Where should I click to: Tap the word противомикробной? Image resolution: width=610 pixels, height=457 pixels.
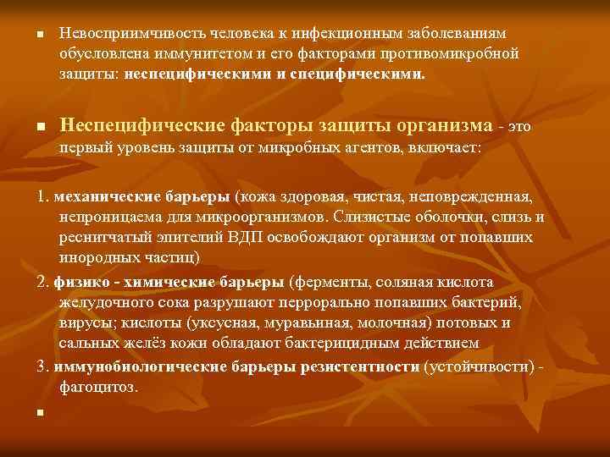(457, 52)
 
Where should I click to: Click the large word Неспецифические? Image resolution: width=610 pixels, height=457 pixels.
(141, 125)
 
